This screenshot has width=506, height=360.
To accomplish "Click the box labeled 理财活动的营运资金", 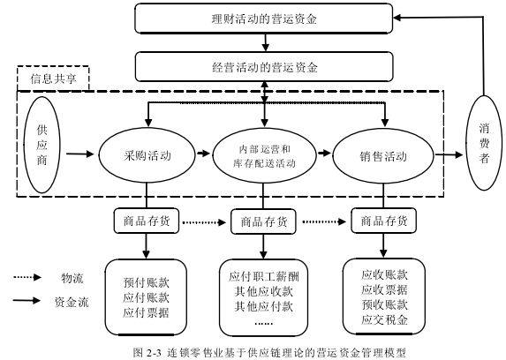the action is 264,19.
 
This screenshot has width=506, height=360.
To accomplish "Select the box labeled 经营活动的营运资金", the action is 264,67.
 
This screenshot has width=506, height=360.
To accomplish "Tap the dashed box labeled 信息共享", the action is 53,79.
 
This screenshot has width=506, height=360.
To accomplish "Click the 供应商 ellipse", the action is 42,146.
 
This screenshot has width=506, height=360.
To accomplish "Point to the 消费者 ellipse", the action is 484,143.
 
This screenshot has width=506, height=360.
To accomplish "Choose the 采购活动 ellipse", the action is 147,155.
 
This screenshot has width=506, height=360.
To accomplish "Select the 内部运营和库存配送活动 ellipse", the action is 264,156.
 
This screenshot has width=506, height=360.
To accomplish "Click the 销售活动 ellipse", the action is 383,156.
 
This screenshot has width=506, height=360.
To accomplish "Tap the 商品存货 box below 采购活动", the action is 147,221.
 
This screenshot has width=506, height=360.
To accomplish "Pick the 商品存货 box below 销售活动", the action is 384,221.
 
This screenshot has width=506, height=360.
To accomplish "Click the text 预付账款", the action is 147,282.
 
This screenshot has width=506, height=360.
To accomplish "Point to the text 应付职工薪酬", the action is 264,276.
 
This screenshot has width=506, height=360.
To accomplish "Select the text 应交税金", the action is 384,319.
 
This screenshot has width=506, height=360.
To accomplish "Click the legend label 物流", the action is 72,278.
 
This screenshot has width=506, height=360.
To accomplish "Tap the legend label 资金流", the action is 72,302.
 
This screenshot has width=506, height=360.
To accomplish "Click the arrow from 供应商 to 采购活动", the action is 79,154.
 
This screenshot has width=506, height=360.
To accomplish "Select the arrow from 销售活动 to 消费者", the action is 449,154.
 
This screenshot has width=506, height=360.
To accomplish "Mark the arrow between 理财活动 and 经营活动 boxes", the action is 265,42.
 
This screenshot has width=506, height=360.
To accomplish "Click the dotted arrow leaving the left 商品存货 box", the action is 204,222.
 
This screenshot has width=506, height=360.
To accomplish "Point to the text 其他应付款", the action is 264,306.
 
